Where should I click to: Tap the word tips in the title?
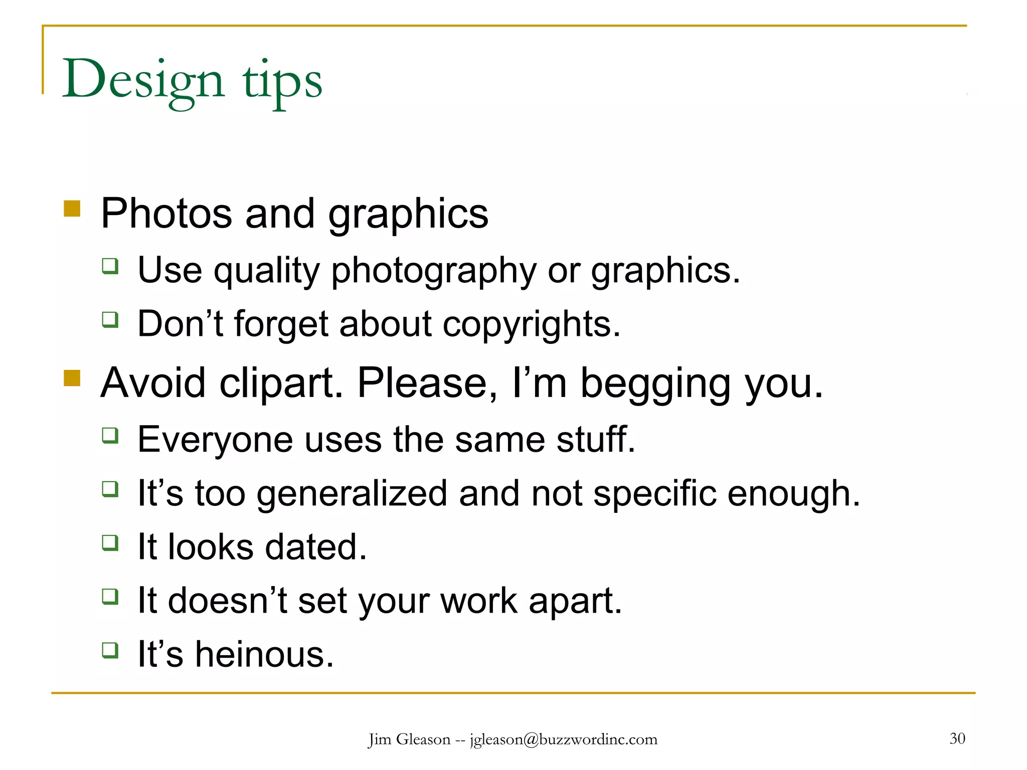282,81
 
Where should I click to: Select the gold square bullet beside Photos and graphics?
72,209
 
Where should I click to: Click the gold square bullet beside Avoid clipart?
72,378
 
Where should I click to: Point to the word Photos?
166,214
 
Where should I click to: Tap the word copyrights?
531,325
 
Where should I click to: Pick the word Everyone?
215,440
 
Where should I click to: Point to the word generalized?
352,494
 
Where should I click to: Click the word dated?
315,547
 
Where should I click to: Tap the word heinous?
264,655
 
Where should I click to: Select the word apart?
575,602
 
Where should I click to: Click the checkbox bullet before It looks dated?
110,542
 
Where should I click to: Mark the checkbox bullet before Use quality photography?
110,266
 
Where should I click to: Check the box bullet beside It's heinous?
110,650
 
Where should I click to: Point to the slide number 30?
957,738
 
